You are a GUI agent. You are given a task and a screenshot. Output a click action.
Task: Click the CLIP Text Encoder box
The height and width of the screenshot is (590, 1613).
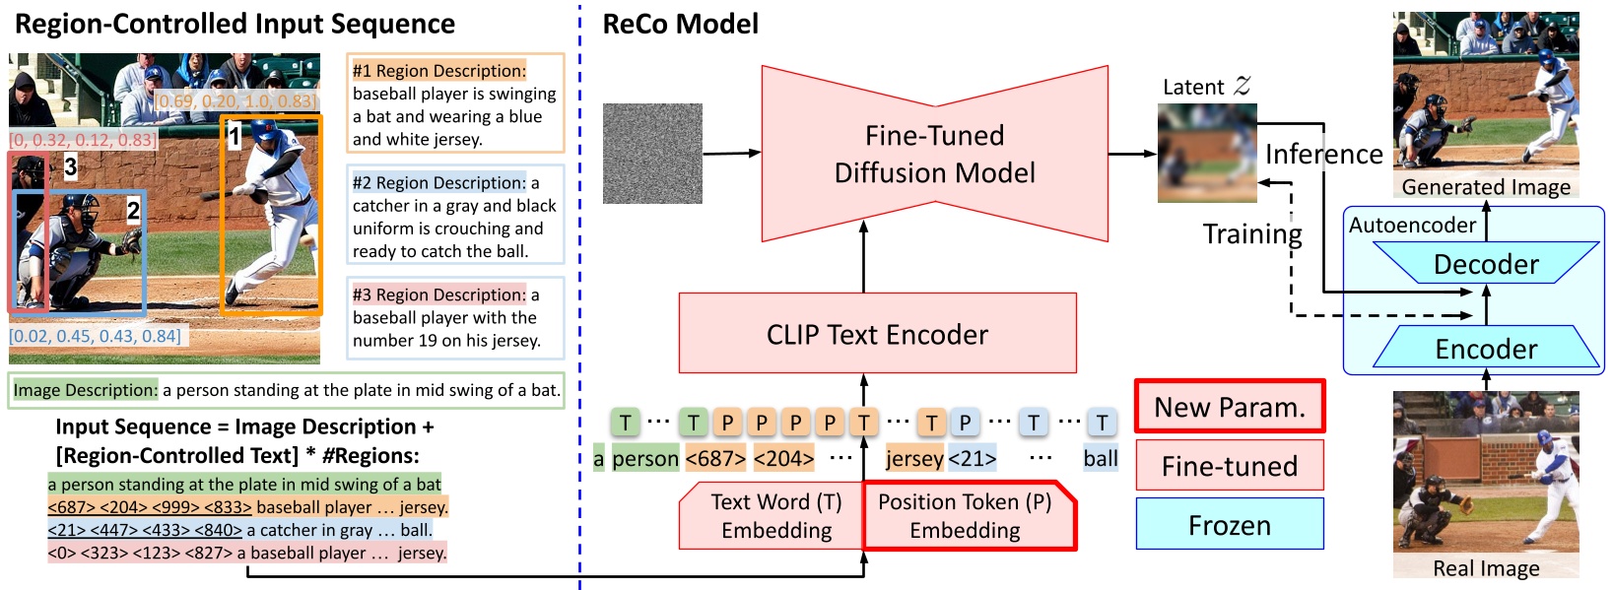click(877, 334)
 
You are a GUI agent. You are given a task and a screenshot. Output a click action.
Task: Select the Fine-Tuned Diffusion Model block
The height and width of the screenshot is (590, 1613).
click(934, 154)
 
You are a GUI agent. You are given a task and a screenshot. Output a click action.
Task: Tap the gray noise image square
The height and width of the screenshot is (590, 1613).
click(652, 154)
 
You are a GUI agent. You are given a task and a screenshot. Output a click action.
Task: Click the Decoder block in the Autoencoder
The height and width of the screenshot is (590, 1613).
click(1486, 263)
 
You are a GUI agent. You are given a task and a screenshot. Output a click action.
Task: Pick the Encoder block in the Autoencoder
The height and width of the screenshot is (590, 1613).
click(1486, 349)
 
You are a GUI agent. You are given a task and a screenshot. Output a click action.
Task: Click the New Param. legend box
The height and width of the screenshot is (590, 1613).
click(1229, 407)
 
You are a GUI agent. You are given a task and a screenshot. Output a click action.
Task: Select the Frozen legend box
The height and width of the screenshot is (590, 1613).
click(1229, 525)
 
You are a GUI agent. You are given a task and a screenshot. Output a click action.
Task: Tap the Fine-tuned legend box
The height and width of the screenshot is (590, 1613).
click(1229, 466)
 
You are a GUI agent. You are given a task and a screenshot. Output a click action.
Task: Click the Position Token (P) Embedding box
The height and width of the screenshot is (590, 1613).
click(965, 515)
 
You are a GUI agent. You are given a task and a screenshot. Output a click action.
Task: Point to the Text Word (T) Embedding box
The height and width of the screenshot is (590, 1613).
click(775, 515)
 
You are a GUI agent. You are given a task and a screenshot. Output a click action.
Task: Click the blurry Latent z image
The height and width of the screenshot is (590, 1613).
click(1207, 153)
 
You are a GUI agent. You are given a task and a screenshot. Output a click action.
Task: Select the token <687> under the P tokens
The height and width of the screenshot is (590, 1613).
click(715, 458)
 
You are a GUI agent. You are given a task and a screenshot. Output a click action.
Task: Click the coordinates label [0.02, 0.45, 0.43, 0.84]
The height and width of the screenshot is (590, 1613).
click(95, 336)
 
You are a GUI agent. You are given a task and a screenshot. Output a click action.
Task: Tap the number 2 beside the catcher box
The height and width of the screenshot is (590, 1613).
click(133, 210)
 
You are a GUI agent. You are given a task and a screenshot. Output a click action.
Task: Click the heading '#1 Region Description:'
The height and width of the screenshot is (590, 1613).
click(439, 71)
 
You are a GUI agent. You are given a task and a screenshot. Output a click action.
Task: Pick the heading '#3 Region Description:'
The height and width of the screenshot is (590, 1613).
click(439, 295)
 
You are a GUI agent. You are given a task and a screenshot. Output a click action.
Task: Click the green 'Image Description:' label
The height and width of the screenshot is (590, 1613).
click(85, 390)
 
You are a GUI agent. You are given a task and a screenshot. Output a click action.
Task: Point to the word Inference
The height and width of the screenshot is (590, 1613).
click(1323, 154)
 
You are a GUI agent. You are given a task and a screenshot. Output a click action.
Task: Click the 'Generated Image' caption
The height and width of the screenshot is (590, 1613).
click(1486, 187)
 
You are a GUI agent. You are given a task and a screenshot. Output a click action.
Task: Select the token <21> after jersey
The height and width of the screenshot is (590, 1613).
click(973, 458)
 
